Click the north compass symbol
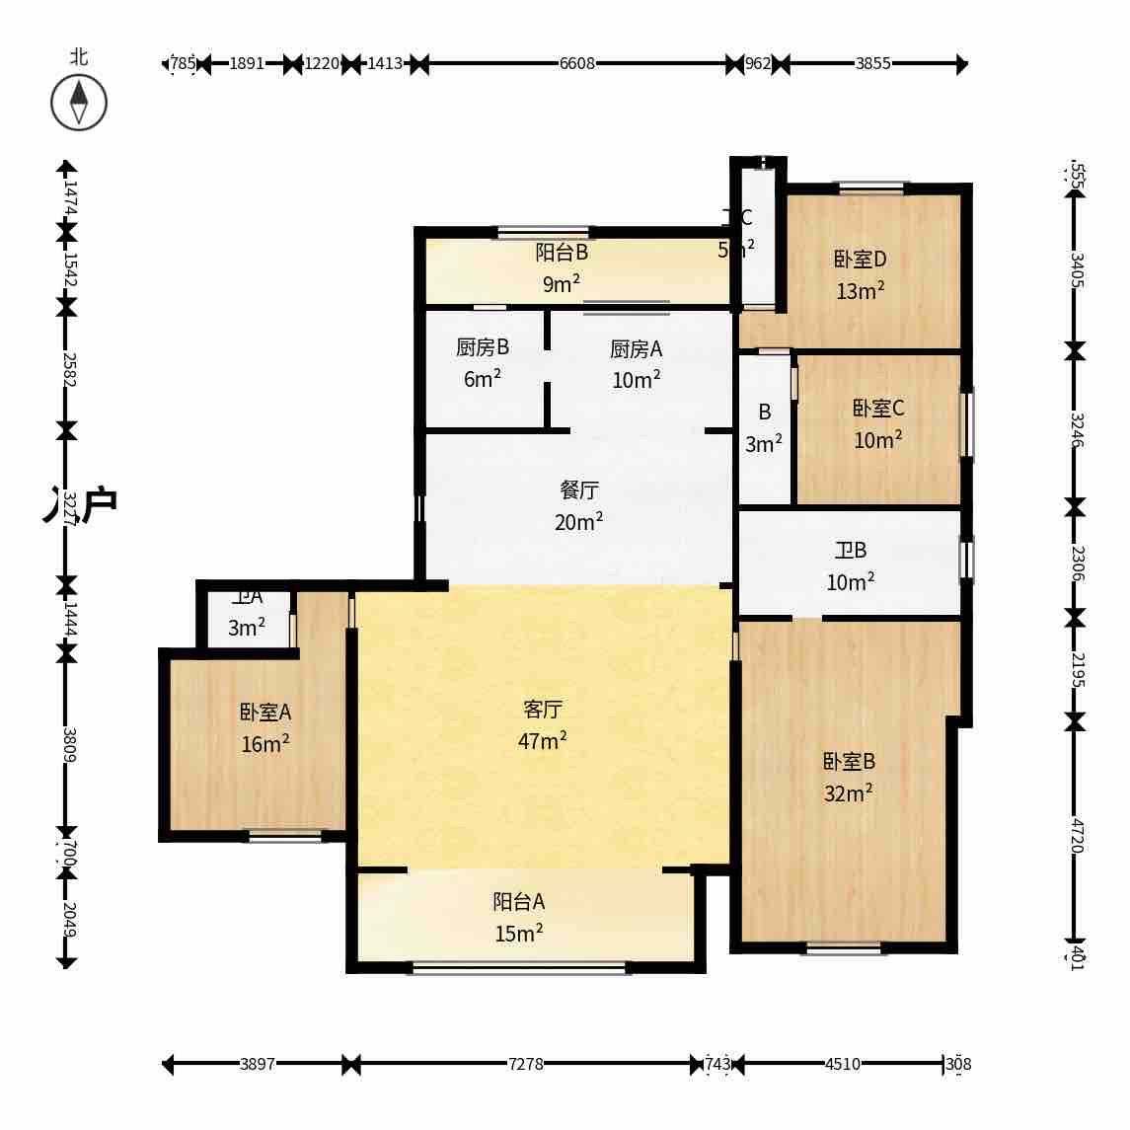point(79,103)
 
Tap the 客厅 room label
point(542,710)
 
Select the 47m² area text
point(542,741)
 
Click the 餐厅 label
point(578,490)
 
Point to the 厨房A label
point(636,348)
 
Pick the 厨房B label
point(483,347)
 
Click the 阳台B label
point(562,253)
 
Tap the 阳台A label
point(519,902)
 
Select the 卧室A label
point(265,713)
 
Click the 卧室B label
point(849,762)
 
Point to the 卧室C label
point(878,409)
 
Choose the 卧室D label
point(860,260)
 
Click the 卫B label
point(850,551)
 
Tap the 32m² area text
point(849,793)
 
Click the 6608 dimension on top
point(577,64)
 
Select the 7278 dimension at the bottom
point(525,1064)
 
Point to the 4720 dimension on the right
point(1077,835)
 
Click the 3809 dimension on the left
point(68,744)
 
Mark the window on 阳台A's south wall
point(519,968)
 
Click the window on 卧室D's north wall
point(869,188)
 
